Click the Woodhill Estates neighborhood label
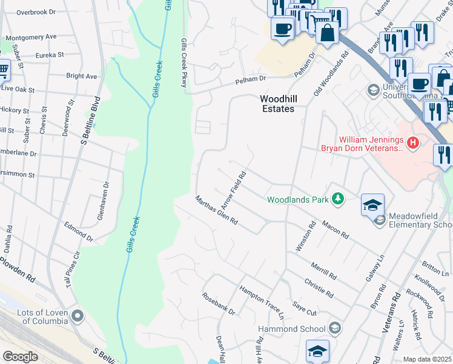(x=277, y=103)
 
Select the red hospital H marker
(x=413, y=143)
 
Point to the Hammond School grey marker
(x=334, y=329)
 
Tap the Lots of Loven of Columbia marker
(x=78, y=315)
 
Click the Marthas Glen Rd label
(x=216, y=211)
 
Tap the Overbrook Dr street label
(x=36, y=12)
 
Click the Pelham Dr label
(x=251, y=79)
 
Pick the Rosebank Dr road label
(x=218, y=304)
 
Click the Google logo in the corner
(x=20, y=357)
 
